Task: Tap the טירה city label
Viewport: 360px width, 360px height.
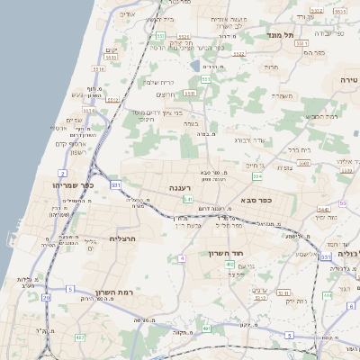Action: tap(348, 79)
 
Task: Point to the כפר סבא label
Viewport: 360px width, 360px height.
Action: tap(256, 201)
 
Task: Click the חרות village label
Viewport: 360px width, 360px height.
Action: tap(271, 67)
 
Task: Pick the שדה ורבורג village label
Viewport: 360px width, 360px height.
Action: tap(249, 140)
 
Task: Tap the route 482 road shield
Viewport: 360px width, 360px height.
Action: tap(79, 337)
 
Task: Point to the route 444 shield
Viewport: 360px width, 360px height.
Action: tap(327, 294)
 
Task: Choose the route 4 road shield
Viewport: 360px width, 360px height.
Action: tap(182, 258)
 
